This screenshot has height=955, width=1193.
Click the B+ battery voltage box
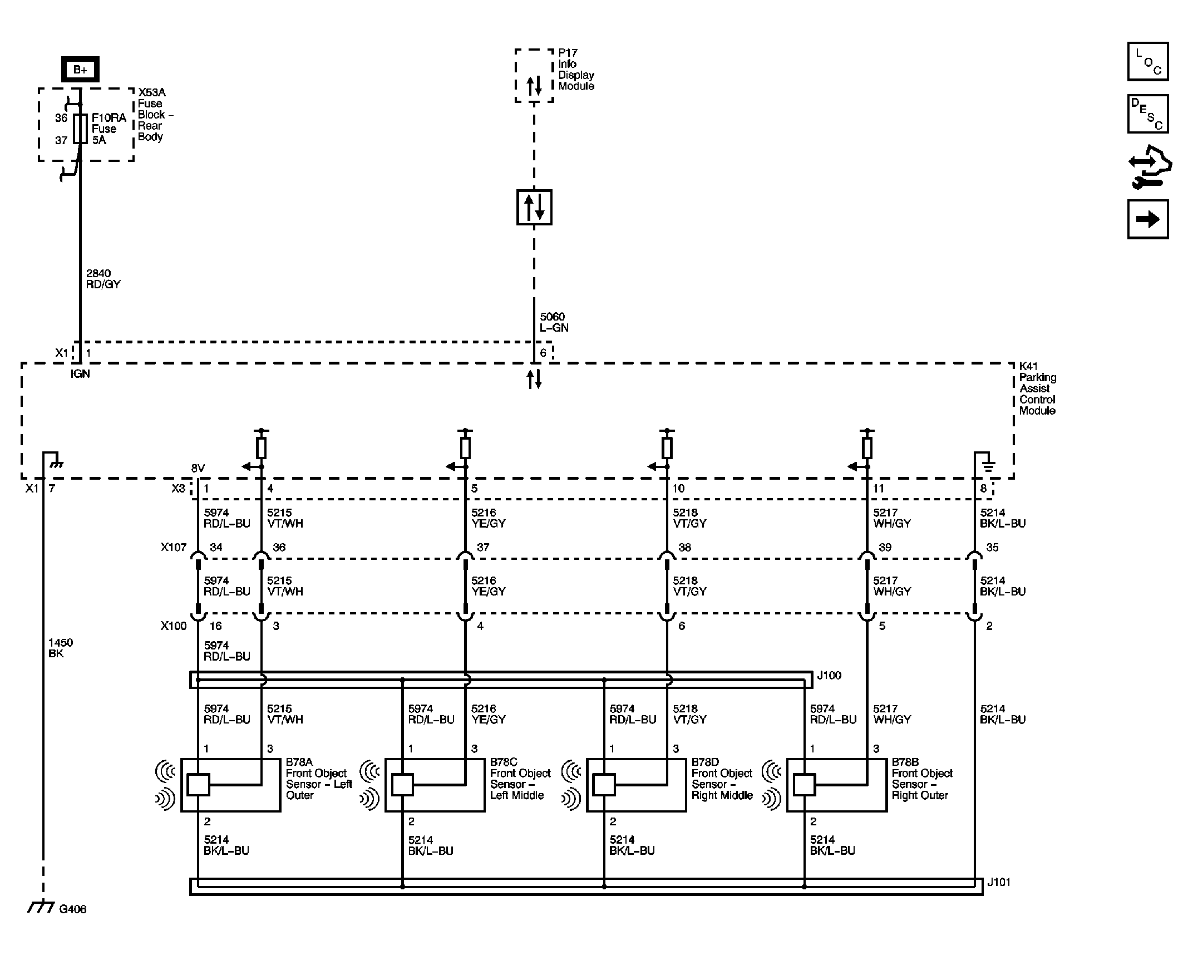point(80,70)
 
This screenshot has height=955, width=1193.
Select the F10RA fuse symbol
point(80,129)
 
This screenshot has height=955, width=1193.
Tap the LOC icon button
point(1147,62)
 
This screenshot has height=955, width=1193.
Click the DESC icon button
point(1147,114)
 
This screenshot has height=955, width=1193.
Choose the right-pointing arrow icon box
point(1147,219)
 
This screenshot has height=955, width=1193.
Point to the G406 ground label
point(72,909)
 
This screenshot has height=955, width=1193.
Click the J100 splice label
point(829,676)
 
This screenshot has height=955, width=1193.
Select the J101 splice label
point(999,882)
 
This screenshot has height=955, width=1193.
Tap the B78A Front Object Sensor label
point(318,779)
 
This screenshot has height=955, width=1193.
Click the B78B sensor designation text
point(905,762)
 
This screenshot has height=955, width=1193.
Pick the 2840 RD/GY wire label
point(103,279)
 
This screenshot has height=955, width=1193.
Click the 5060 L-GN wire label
point(554,322)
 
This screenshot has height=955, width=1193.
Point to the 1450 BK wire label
point(60,648)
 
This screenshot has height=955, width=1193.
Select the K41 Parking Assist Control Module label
point(1037,388)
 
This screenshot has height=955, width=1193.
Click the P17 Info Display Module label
point(576,70)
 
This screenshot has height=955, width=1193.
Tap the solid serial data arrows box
point(534,207)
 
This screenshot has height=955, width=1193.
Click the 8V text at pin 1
point(198,468)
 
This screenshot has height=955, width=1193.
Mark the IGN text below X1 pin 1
point(80,374)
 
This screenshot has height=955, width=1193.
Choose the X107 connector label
point(174,547)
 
